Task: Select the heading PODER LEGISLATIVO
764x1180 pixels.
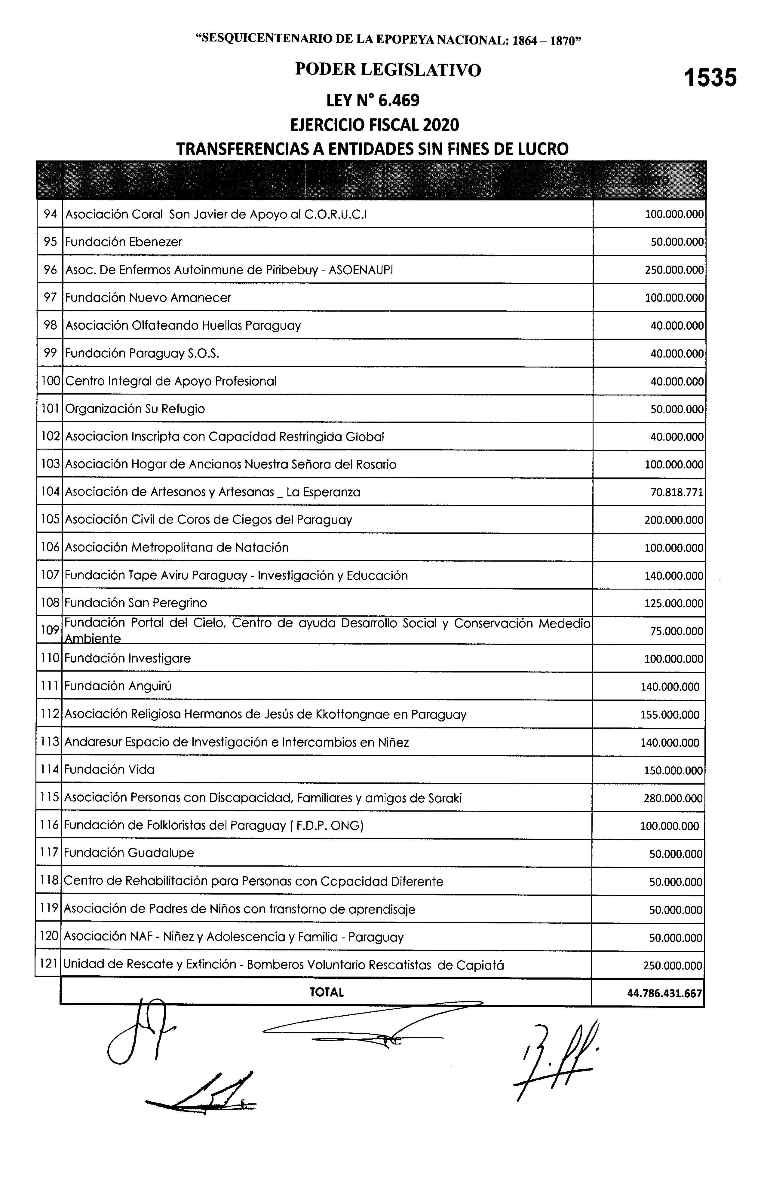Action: (388, 70)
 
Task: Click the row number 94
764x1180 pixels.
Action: (50, 214)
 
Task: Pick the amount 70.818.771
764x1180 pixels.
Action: (677, 492)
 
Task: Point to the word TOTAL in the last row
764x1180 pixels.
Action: (327, 992)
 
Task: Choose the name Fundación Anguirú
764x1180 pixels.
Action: (118, 686)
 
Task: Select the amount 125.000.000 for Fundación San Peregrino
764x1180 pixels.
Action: (674, 603)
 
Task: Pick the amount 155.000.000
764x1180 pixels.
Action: (670, 715)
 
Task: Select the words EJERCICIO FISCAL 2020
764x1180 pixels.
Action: (375, 125)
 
